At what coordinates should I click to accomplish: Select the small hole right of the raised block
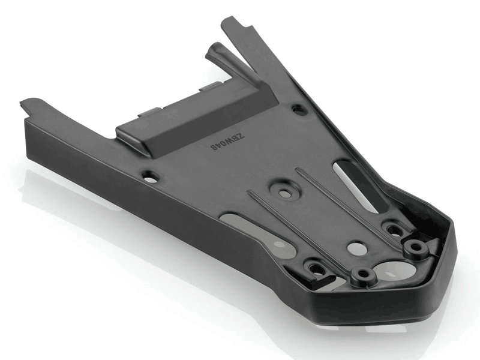(296, 109)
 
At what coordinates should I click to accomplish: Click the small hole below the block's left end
(151, 176)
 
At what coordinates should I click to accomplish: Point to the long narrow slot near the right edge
(356, 186)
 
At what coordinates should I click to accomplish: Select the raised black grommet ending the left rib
(364, 275)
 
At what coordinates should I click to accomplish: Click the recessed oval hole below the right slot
(392, 229)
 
